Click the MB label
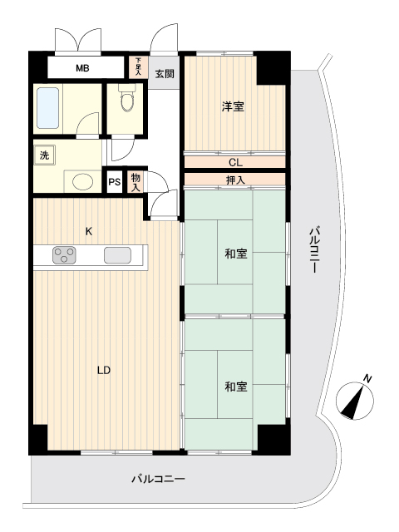coord(82,68)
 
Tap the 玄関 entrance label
coord(165,74)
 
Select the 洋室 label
coord(233,106)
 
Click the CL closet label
coord(235,163)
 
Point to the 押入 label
coord(235,180)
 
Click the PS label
coord(115,182)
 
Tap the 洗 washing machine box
coord(44,155)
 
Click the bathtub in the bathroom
coord(48,108)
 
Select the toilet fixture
coord(127,98)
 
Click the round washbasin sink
coord(83,181)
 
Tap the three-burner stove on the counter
coord(64,255)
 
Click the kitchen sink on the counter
coord(117,255)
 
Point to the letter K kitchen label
coord(89,232)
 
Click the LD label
coord(104,370)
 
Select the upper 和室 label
coord(236,254)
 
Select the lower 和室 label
coord(236,387)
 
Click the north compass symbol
coord(355,400)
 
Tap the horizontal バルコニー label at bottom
coord(158,479)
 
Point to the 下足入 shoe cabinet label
coord(138,66)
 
